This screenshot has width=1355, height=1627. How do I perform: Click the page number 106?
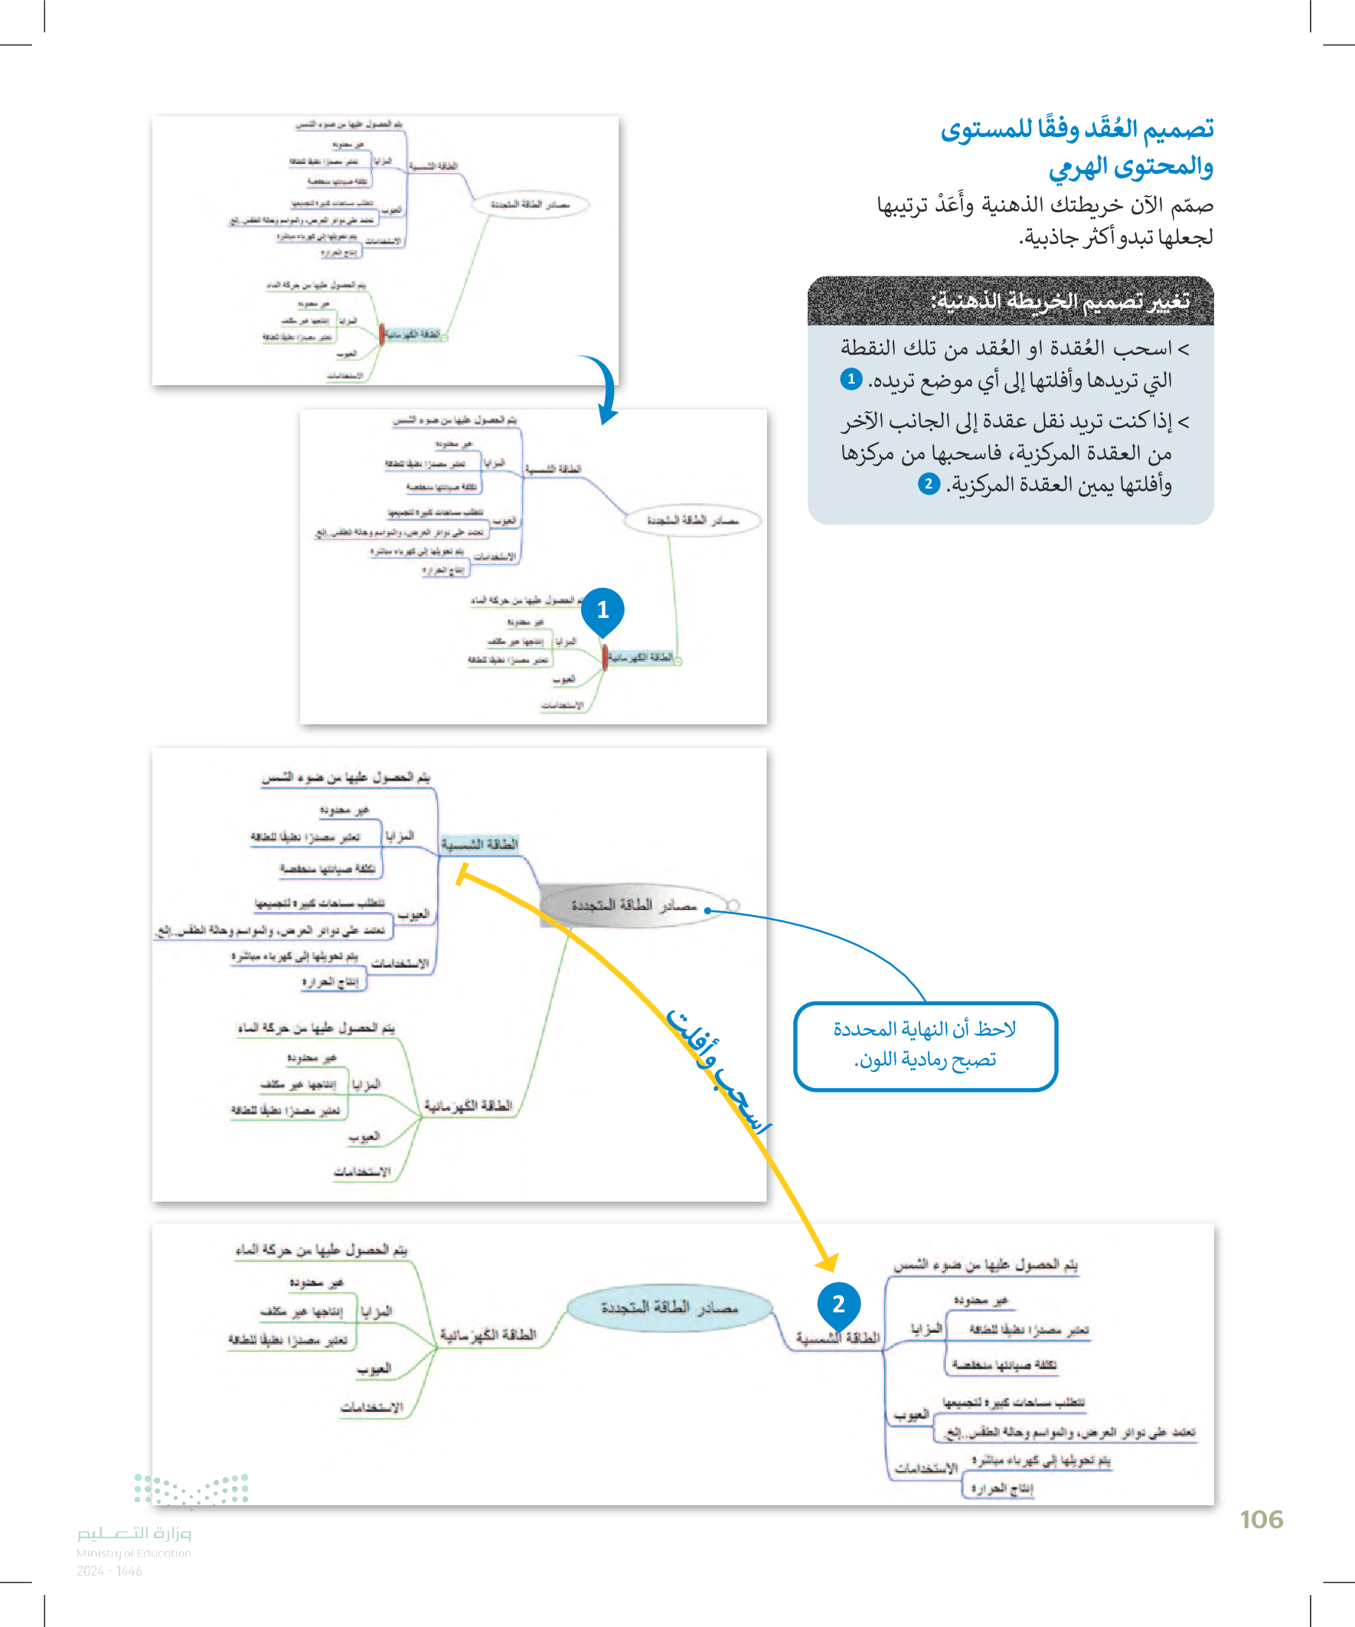tap(1261, 1519)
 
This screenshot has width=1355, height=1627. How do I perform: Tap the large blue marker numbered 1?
tap(602, 609)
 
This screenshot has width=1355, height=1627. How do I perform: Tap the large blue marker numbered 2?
tap(838, 1305)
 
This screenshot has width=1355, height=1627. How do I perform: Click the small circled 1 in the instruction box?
tap(851, 379)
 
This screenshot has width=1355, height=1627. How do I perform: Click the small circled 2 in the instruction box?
tap(928, 484)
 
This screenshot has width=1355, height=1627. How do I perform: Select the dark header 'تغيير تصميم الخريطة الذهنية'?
tap(1011, 301)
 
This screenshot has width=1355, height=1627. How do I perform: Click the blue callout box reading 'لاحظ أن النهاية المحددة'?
tap(925, 1045)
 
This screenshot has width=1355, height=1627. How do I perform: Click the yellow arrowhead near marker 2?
tap(828, 1262)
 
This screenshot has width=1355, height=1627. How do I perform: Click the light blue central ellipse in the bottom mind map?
tap(669, 1308)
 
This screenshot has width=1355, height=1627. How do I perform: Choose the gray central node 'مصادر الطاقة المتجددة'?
tap(634, 905)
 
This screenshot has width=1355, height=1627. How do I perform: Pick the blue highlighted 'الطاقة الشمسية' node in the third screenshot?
tap(479, 844)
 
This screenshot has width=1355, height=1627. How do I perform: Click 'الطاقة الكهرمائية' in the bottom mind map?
tap(488, 1334)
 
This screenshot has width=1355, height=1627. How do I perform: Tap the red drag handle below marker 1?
tap(604, 656)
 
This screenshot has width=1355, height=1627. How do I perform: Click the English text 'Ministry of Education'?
tap(134, 1553)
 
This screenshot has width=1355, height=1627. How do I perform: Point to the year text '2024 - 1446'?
tap(109, 1571)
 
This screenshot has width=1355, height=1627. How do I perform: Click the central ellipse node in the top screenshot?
tap(530, 204)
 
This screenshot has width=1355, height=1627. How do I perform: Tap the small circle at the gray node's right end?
tap(733, 905)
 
